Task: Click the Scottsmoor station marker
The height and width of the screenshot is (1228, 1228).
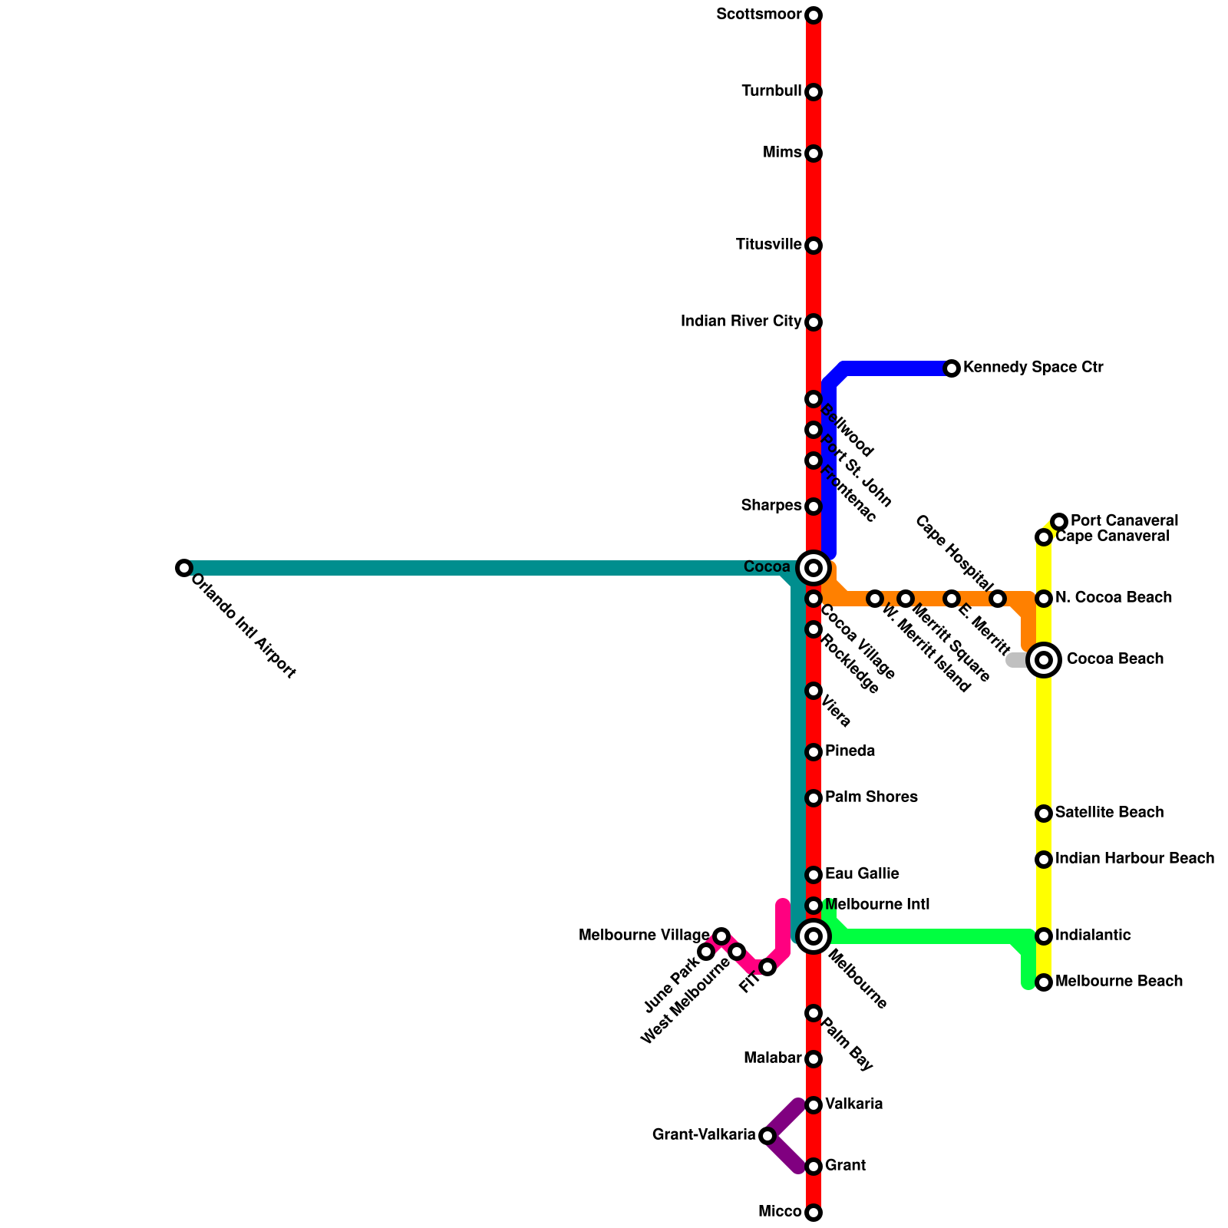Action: click(814, 15)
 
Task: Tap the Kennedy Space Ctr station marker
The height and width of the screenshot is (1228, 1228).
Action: click(952, 368)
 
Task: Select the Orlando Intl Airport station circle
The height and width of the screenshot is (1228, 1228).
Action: click(183, 568)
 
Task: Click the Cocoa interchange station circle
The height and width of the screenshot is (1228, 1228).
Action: click(814, 568)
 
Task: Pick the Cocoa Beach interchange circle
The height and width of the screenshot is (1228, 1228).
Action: click(1044, 659)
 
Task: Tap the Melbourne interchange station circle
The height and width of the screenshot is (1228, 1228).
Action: click(814, 936)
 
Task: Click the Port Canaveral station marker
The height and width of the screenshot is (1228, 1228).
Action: click(1059, 522)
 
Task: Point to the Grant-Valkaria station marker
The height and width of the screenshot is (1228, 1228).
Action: click(767, 1135)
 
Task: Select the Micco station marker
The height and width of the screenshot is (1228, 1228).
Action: click(814, 1213)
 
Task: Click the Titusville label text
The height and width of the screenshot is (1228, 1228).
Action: click(768, 245)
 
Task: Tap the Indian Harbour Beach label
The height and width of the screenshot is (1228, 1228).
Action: click(1134, 858)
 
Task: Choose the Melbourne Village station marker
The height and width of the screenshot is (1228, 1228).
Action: click(721, 936)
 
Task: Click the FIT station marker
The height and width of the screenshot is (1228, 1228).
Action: click(767, 967)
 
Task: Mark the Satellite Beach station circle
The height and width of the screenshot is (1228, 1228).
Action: click(1044, 813)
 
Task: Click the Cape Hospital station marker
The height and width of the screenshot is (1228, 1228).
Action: click(998, 599)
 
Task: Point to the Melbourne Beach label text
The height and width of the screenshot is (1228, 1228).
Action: click(1118, 981)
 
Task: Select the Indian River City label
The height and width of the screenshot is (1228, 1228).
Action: click(741, 321)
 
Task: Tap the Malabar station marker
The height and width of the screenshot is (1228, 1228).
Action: click(814, 1059)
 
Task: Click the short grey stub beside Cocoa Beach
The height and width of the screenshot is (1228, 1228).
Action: click(1015, 660)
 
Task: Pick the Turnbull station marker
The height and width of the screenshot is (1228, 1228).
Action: click(814, 92)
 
